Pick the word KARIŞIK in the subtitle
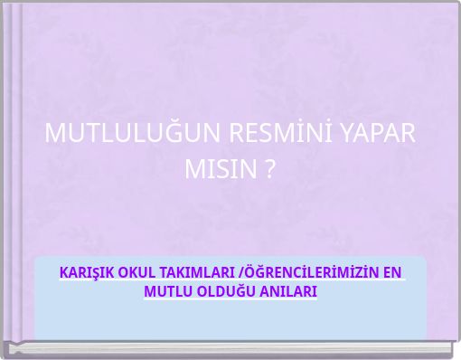87,272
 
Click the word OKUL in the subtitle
137,272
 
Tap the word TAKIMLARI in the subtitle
196,272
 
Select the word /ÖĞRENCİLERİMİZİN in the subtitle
306,272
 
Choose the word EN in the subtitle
392,272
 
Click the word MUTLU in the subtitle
165,292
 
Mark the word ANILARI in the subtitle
287,292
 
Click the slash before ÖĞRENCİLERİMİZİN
238,272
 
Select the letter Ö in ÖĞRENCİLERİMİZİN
246,272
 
